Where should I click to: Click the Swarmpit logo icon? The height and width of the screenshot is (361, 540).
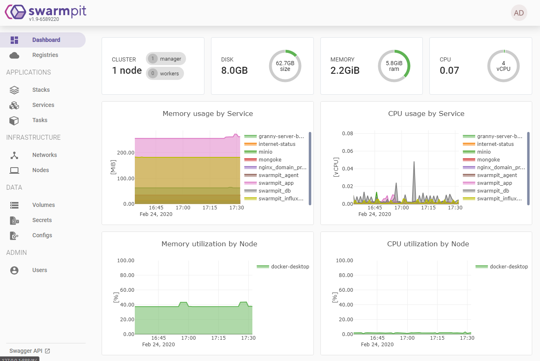tap(15, 12)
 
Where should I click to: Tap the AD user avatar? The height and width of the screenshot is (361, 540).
tap(519, 13)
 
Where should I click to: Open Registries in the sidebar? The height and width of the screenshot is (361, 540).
tap(45, 55)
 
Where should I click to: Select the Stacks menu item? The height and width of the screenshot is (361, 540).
tap(41, 90)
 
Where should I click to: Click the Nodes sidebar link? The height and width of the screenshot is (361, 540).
tap(41, 170)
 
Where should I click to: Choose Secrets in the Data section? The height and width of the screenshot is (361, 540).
tap(42, 220)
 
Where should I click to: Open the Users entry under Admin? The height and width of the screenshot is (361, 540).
tap(40, 270)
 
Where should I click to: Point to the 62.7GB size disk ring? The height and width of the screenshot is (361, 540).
tap(285, 66)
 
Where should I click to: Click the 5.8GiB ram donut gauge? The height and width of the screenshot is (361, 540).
tap(394, 66)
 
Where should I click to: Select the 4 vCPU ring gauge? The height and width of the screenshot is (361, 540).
tap(503, 66)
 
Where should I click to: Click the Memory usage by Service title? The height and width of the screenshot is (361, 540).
tap(208, 114)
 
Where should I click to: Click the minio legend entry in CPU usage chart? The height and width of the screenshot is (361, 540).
tap(483, 152)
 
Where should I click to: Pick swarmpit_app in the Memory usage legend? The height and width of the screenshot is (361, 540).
tap(276, 183)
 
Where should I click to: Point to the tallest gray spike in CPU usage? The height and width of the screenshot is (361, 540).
tap(414, 163)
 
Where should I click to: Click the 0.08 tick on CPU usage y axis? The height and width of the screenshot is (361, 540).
tap(347, 133)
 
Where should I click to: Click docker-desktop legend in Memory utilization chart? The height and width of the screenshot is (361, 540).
tap(290, 266)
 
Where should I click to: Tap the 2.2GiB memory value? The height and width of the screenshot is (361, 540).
tap(345, 70)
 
